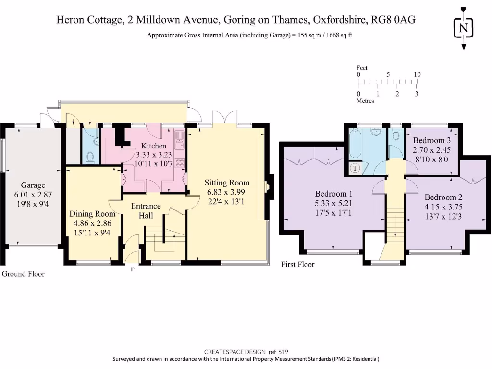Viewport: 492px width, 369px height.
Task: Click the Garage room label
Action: coord(33,185)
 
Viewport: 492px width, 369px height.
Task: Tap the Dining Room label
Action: coord(92,214)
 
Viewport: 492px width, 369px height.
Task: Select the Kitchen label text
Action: coord(153,146)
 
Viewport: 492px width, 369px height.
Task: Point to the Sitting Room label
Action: coord(227,183)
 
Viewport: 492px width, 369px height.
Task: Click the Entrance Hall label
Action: coord(146,210)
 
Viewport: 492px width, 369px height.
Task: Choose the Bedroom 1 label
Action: coord(333,194)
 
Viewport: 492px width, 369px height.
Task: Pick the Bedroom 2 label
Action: coord(443,197)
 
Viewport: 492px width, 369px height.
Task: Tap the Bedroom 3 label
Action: coord(431,140)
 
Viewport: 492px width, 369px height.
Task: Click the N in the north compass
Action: coord(464,28)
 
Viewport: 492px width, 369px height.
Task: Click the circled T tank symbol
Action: coord(355,168)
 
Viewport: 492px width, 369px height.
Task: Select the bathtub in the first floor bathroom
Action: coord(356,143)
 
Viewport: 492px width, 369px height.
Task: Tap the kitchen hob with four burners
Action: coord(180,162)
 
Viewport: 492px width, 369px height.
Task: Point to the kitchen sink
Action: coord(180,140)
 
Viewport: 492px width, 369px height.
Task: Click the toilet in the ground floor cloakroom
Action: coord(90,158)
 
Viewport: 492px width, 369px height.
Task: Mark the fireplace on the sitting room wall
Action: coord(268,186)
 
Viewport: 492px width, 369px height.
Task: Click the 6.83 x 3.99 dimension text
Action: coord(226,192)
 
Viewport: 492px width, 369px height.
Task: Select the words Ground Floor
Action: coord(23,274)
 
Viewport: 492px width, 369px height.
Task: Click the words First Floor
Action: coord(298,265)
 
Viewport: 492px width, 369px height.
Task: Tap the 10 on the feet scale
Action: coord(417,74)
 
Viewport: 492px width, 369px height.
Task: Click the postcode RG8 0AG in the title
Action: coord(393,20)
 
